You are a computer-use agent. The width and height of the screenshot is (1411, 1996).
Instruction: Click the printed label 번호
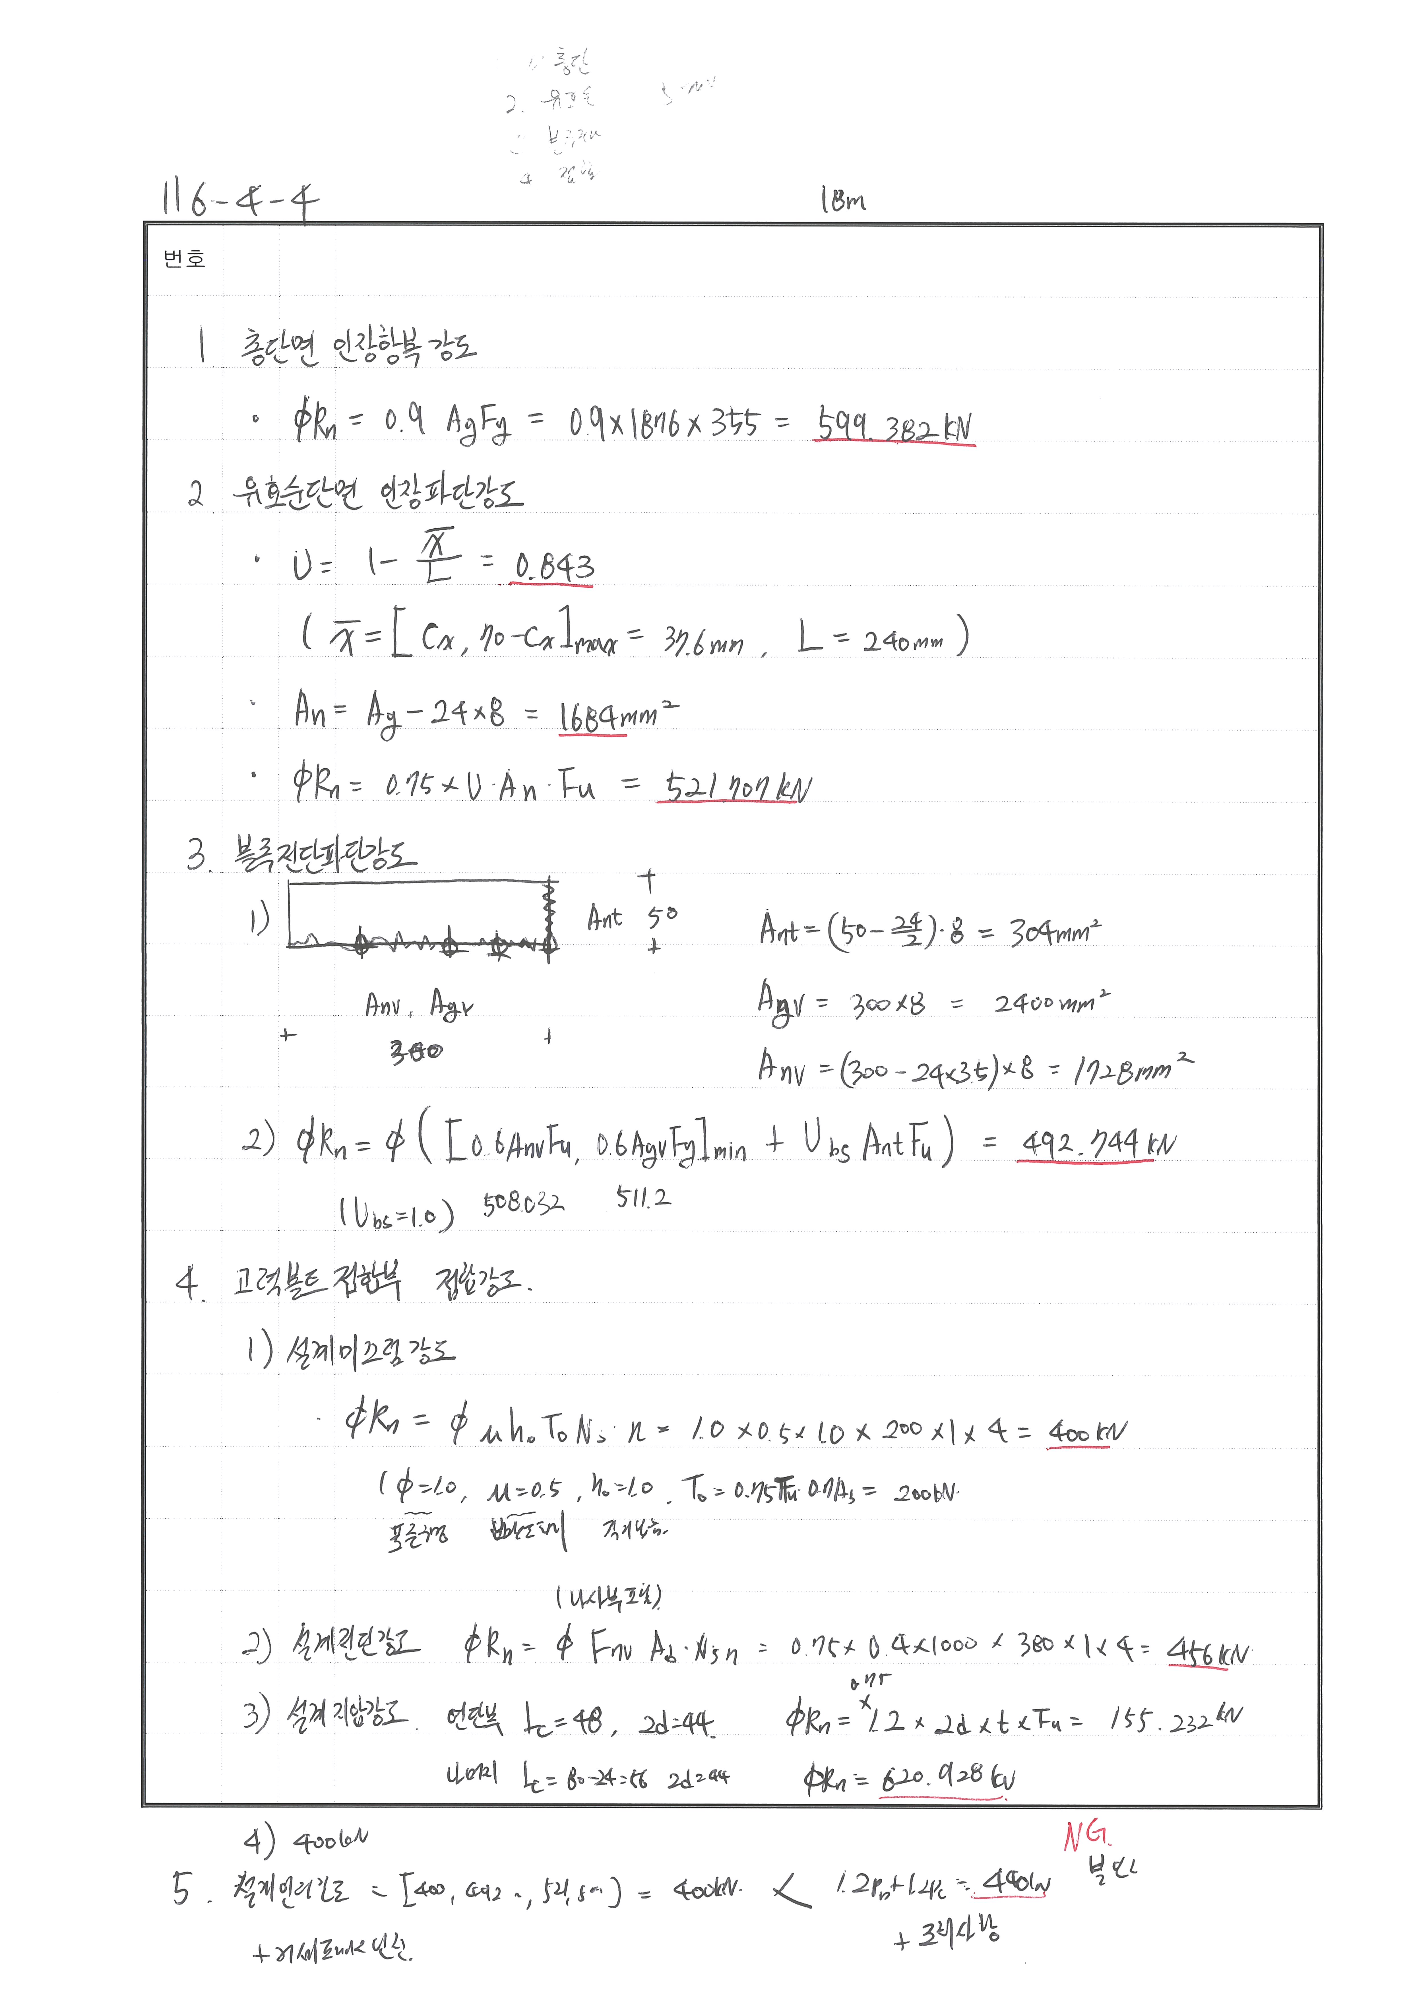tap(184, 259)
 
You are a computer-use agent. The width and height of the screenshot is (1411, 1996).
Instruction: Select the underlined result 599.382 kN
tap(894, 426)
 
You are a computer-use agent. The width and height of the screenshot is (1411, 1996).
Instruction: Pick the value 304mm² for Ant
tap(1054, 932)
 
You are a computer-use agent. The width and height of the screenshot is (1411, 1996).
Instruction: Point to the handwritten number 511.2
tap(643, 1198)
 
